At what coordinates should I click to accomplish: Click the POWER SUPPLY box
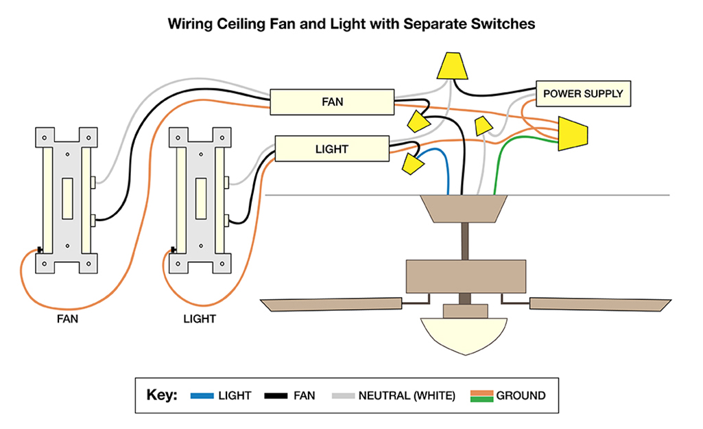tap(583, 94)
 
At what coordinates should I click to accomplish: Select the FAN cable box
tap(332, 102)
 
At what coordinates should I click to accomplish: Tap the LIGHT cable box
tap(332, 148)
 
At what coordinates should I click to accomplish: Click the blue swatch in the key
tap(202, 396)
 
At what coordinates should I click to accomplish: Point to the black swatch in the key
tap(276, 396)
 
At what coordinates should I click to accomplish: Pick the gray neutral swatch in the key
tap(343, 396)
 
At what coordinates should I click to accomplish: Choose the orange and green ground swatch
tap(481, 396)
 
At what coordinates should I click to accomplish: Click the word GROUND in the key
tap(521, 396)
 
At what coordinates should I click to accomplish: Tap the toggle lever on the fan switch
tap(67, 198)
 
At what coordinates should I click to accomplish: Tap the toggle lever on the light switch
tap(201, 198)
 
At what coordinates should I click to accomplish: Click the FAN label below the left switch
tap(67, 319)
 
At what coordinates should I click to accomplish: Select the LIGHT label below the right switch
tap(200, 319)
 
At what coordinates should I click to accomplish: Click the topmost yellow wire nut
tap(453, 66)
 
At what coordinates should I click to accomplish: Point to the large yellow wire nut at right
tap(572, 134)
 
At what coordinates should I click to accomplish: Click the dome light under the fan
tap(464, 334)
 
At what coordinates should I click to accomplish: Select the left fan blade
tap(332, 304)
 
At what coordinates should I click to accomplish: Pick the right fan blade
tap(600, 304)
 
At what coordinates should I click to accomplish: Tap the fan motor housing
tap(466, 277)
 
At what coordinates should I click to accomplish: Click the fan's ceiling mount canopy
tap(464, 209)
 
